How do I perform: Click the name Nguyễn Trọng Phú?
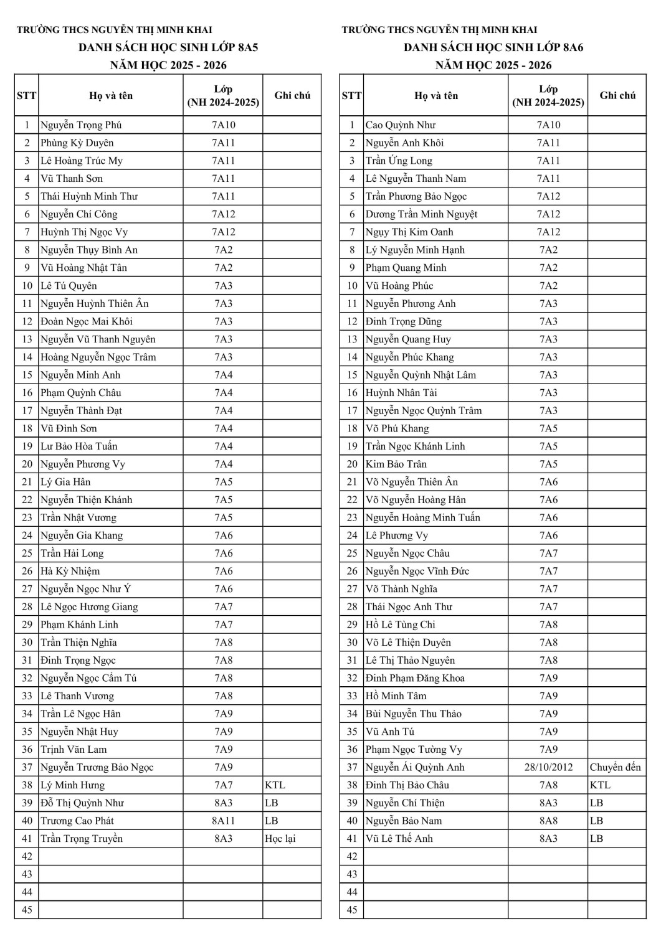pos(81,125)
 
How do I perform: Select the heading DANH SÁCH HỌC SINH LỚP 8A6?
pos(493,47)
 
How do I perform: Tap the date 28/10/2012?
pos(548,768)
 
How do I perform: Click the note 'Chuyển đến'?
pos(616,768)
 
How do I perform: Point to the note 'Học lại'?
pos(280,839)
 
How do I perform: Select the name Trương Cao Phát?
pos(77,821)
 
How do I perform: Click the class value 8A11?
pos(223,821)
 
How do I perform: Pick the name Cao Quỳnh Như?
pos(401,125)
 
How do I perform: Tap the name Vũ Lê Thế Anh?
pos(399,839)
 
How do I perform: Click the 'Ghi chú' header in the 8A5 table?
pos(292,95)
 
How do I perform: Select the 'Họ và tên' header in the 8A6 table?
pos(436,95)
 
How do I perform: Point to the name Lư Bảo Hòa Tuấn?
pos(79,446)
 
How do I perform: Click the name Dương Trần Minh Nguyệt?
pos(422,214)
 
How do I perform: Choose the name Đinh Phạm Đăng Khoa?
pos(416,679)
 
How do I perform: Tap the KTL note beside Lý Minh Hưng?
pos(275,786)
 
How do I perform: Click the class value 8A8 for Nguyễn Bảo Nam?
pos(548,821)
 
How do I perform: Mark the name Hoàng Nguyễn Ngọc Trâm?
pos(98,357)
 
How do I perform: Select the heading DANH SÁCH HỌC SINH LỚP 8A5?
pos(168,47)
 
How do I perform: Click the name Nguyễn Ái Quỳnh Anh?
pos(416,768)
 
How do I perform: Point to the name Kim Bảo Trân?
pos(396,465)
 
